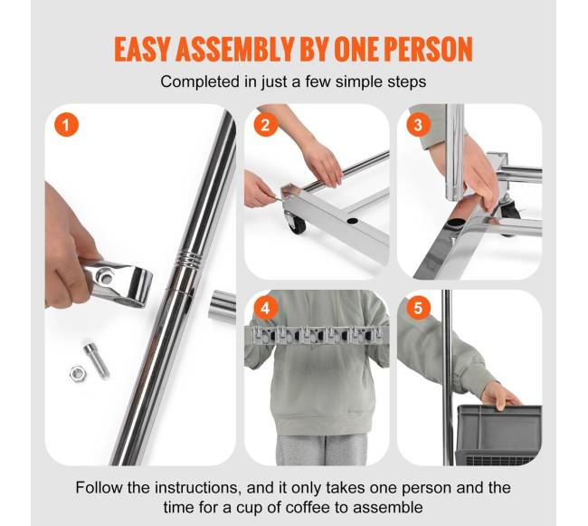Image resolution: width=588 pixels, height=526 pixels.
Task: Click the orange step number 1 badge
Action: (x=66, y=124)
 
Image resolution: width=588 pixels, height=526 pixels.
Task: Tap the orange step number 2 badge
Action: (x=265, y=124)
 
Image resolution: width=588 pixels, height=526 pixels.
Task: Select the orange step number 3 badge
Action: (x=418, y=124)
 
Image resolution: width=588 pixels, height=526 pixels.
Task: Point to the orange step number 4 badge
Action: (x=265, y=308)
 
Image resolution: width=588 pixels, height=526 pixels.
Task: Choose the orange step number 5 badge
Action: (x=418, y=308)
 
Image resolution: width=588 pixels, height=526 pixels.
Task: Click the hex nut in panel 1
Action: (x=78, y=373)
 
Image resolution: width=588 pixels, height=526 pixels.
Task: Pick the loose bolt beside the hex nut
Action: (x=97, y=360)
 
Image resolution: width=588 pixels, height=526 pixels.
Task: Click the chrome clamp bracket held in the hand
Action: (x=119, y=282)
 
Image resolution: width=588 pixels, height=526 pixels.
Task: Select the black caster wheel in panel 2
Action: (x=296, y=222)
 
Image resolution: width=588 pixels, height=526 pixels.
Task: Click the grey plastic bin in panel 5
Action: (x=498, y=435)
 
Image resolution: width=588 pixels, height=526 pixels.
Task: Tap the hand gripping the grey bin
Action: (x=499, y=396)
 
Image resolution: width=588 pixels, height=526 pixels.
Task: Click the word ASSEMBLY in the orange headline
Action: (x=234, y=49)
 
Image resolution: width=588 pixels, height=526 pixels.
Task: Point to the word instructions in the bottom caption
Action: (x=196, y=488)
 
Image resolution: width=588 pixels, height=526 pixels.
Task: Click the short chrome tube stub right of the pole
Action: (x=222, y=305)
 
